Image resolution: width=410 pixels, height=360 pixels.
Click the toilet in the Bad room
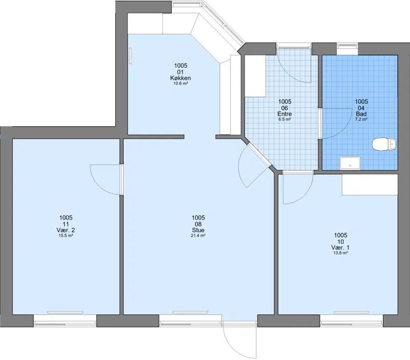(x=384, y=145)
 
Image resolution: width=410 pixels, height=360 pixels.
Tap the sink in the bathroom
(x=350, y=163)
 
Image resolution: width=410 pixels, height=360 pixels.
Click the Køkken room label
(x=180, y=78)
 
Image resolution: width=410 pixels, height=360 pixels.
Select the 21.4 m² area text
(x=198, y=235)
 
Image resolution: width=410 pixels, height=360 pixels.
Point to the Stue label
(x=198, y=230)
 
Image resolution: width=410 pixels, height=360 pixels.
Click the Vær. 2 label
(x=66, y=230)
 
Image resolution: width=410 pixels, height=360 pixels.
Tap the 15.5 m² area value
(x=66, y=235)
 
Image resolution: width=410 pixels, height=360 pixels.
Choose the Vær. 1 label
(x=340, y=248)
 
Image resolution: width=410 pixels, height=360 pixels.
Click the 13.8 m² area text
(x=340, y=253)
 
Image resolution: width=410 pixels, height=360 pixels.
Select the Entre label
(x=284, y=114)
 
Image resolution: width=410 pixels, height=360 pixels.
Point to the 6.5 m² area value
(x=284, y=119)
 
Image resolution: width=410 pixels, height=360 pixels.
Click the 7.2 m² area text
(x=361, y=119)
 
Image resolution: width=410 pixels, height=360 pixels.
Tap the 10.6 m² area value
(x=180, y=84)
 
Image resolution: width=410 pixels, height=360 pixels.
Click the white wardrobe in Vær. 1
(x=370, y=185)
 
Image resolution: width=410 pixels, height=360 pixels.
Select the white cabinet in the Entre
(x=255, y=76)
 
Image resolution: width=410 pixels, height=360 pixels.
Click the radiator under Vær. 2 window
(x=65, y=312)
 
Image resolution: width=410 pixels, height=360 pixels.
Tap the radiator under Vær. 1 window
(x=352, y=312)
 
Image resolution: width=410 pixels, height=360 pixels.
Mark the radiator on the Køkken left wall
(x=130, y=55)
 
